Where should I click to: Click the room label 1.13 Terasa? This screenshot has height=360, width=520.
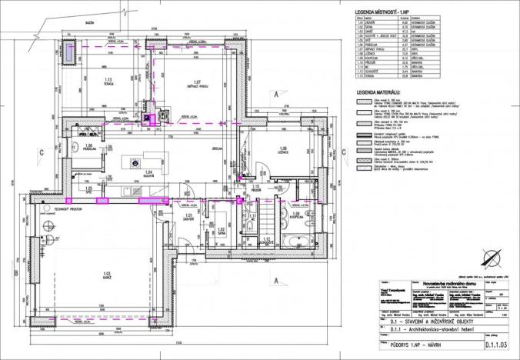(108, 81)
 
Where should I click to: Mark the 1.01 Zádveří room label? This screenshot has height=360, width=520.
(188, 218)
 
